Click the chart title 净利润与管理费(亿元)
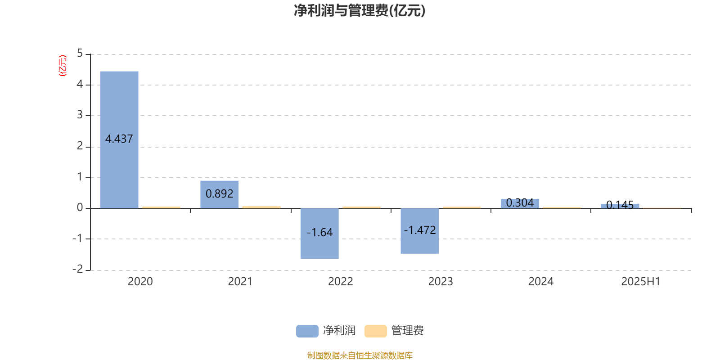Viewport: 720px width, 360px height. (360, 10)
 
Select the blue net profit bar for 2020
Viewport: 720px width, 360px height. (119, 140)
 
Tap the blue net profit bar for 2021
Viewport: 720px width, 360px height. (220, 194)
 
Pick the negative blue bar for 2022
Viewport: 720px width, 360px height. (319, 234)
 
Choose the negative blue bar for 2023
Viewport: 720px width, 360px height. (420, 231)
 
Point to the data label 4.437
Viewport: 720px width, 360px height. (119, 139)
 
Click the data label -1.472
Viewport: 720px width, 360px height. (420, 230)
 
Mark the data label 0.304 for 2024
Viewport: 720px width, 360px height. (520, 203)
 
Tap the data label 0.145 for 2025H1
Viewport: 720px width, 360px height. (620, 205)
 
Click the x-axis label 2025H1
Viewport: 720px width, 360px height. (641, 282)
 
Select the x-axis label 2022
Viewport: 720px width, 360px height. (340, 282)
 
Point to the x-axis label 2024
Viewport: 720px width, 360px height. (541, 282)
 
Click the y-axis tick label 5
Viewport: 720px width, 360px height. (80, 54)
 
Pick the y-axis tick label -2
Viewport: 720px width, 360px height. (77, 269)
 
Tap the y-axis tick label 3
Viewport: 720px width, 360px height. (80, 115)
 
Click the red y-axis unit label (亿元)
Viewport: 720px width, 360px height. (63, 66)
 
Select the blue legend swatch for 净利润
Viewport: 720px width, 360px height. (307, 331)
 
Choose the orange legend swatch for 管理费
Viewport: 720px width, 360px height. (375, 331)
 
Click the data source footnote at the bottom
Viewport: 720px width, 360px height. (360, 355)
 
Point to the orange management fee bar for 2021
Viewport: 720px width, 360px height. (261, 207)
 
